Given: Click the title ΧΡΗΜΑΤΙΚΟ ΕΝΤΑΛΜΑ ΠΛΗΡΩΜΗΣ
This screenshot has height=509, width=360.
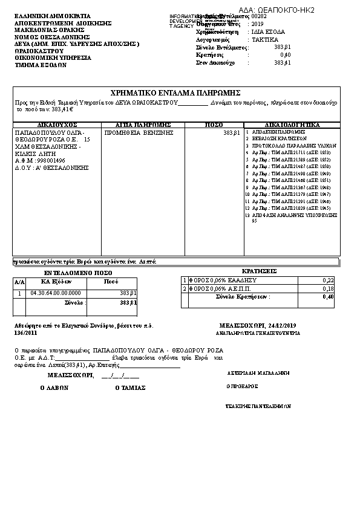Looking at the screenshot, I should coord(176,92).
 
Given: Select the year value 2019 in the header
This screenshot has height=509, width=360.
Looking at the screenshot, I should coord(259,24).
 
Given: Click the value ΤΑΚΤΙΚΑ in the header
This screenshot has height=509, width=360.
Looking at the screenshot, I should coord(265,39).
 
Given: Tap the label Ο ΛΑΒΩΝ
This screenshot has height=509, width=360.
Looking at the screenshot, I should coord(54,388).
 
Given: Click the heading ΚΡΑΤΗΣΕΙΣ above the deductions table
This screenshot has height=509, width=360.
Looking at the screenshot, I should coord(259,271).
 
